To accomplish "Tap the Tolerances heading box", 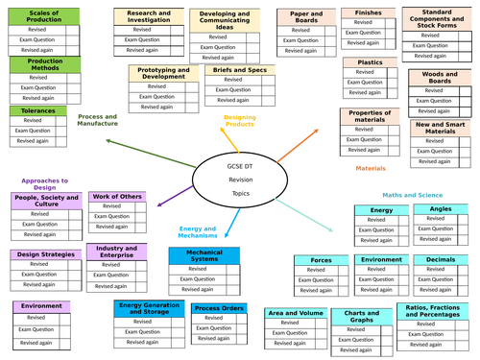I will pos(37,109).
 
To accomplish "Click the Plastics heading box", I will pos(369,62).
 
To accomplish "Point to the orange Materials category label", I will pos(371,168).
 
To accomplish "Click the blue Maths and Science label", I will pos(413,195).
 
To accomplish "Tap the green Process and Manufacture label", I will pos(98,120).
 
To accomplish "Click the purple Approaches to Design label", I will pos(44,184).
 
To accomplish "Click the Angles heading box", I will pos(441,209).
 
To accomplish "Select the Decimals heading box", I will pos(441,260).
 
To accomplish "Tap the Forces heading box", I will pos(322,260).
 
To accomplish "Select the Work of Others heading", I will pos(117,197).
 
